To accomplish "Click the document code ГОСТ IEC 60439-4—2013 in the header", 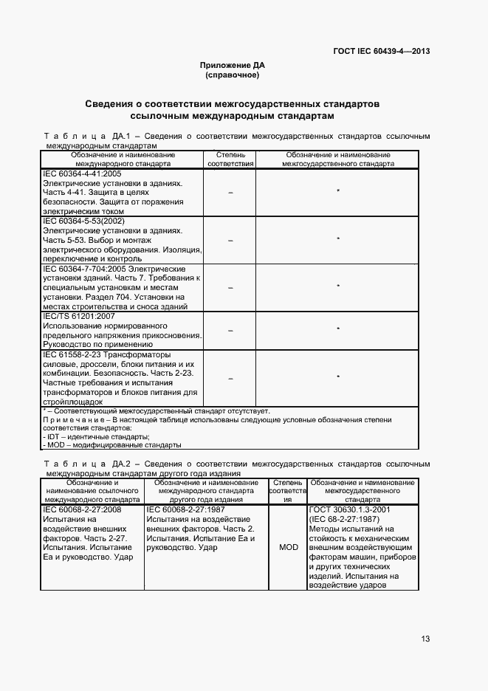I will [382, 51].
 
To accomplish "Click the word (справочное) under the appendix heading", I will [232, 75].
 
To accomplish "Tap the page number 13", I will [425, 639].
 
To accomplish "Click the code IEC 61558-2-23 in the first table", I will [78, 355].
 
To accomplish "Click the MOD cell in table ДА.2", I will [288, 549].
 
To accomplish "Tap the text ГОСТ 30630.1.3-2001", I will [350, 509].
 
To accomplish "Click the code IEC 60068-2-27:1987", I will [185, 509].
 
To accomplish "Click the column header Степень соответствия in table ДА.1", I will [230, 159].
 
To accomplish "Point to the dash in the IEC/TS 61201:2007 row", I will [230, 329].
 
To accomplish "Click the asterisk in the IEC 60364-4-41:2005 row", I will [337, 192].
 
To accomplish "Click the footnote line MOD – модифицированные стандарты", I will [111, 446].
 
